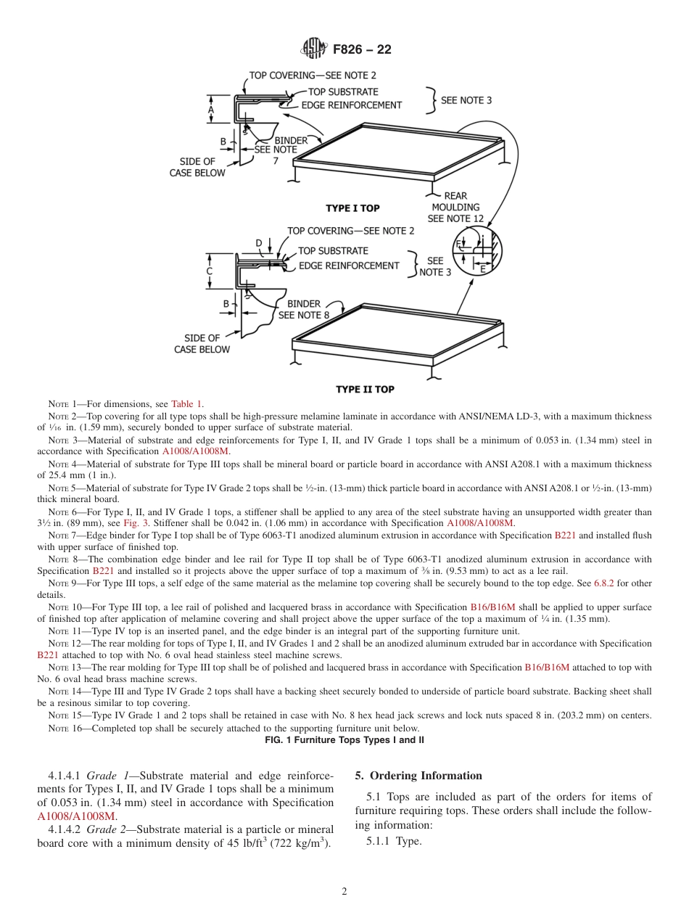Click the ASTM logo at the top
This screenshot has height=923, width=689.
pos(314,49)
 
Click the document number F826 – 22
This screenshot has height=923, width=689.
pos(363,50)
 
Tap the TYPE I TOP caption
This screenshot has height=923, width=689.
pos(352,208)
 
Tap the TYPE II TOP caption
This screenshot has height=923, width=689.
pos(365,390)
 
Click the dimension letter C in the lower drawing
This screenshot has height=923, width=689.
pos(209,271)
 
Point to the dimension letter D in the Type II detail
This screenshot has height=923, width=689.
pos(258,243)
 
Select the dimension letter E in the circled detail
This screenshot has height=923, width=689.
pos(482,268)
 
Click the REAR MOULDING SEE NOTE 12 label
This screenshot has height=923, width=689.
pos(455,207)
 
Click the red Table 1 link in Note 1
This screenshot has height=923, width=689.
pos(186,403)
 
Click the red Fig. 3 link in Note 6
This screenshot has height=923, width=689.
pos(135,523)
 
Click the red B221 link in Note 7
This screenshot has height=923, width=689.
pos(564,536)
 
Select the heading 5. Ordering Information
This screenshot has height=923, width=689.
pos(418,776)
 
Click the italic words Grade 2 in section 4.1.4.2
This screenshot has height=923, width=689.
pos(107,829)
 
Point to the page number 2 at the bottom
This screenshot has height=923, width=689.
pos(344,892)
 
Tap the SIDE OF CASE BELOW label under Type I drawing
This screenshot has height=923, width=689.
pos(197,167)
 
